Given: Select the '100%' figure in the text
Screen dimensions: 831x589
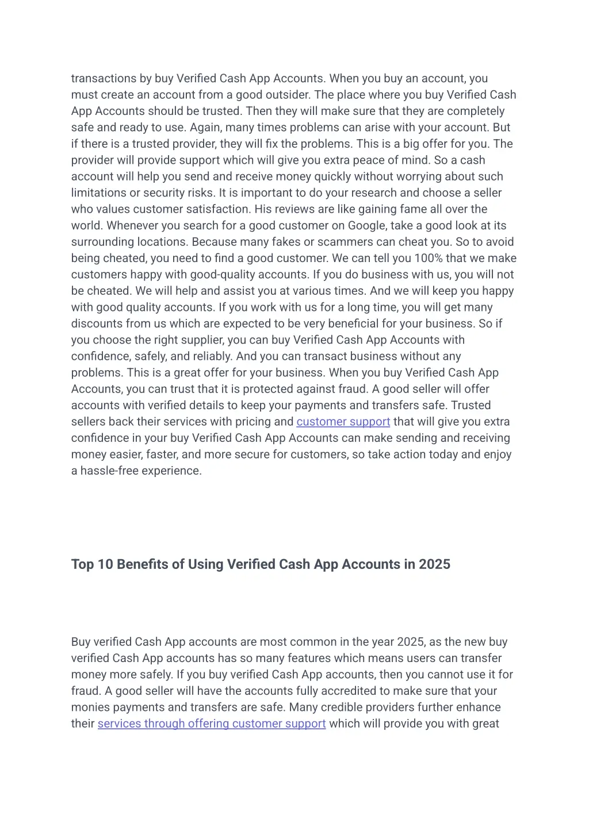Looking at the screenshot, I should (x=428, y=259).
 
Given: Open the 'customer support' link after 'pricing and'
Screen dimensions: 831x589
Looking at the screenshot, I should (x=343, y=422).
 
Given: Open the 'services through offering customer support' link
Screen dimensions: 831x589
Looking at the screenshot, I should (x=212, y=724).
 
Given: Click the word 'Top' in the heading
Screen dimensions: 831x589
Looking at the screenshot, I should (x=82, y=564).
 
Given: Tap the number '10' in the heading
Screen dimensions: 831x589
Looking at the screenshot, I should (x=105, y=564).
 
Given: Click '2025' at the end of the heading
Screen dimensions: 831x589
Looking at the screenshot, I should (x=434, y=564).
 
